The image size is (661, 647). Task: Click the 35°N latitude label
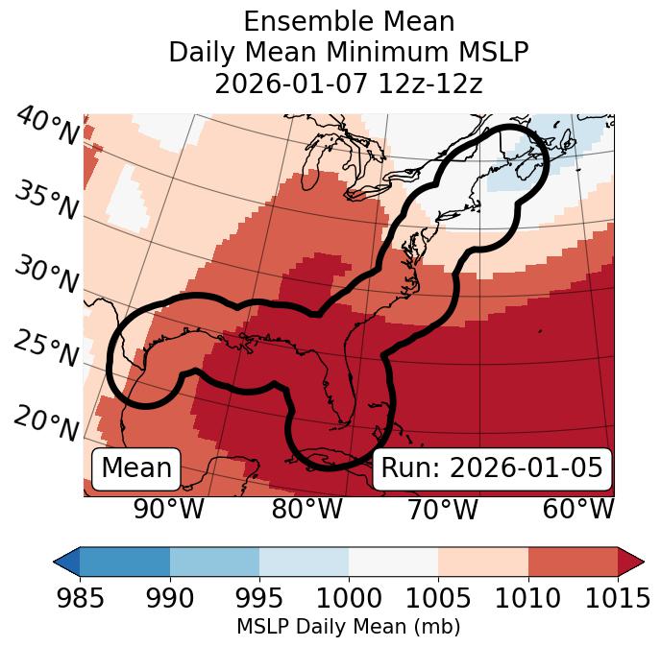46,202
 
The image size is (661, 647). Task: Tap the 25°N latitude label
46,348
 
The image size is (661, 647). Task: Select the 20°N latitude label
46,422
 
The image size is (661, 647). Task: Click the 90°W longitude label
168,509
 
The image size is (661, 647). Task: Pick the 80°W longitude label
306,509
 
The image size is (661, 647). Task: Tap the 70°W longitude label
443,509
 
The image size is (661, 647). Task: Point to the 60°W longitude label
578,509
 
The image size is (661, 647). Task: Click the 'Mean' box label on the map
136,468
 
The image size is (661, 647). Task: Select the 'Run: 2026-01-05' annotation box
492,468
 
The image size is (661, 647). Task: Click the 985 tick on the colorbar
81,598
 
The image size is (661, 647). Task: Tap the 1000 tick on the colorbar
349,598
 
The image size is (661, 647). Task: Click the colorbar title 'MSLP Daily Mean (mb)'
349,627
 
